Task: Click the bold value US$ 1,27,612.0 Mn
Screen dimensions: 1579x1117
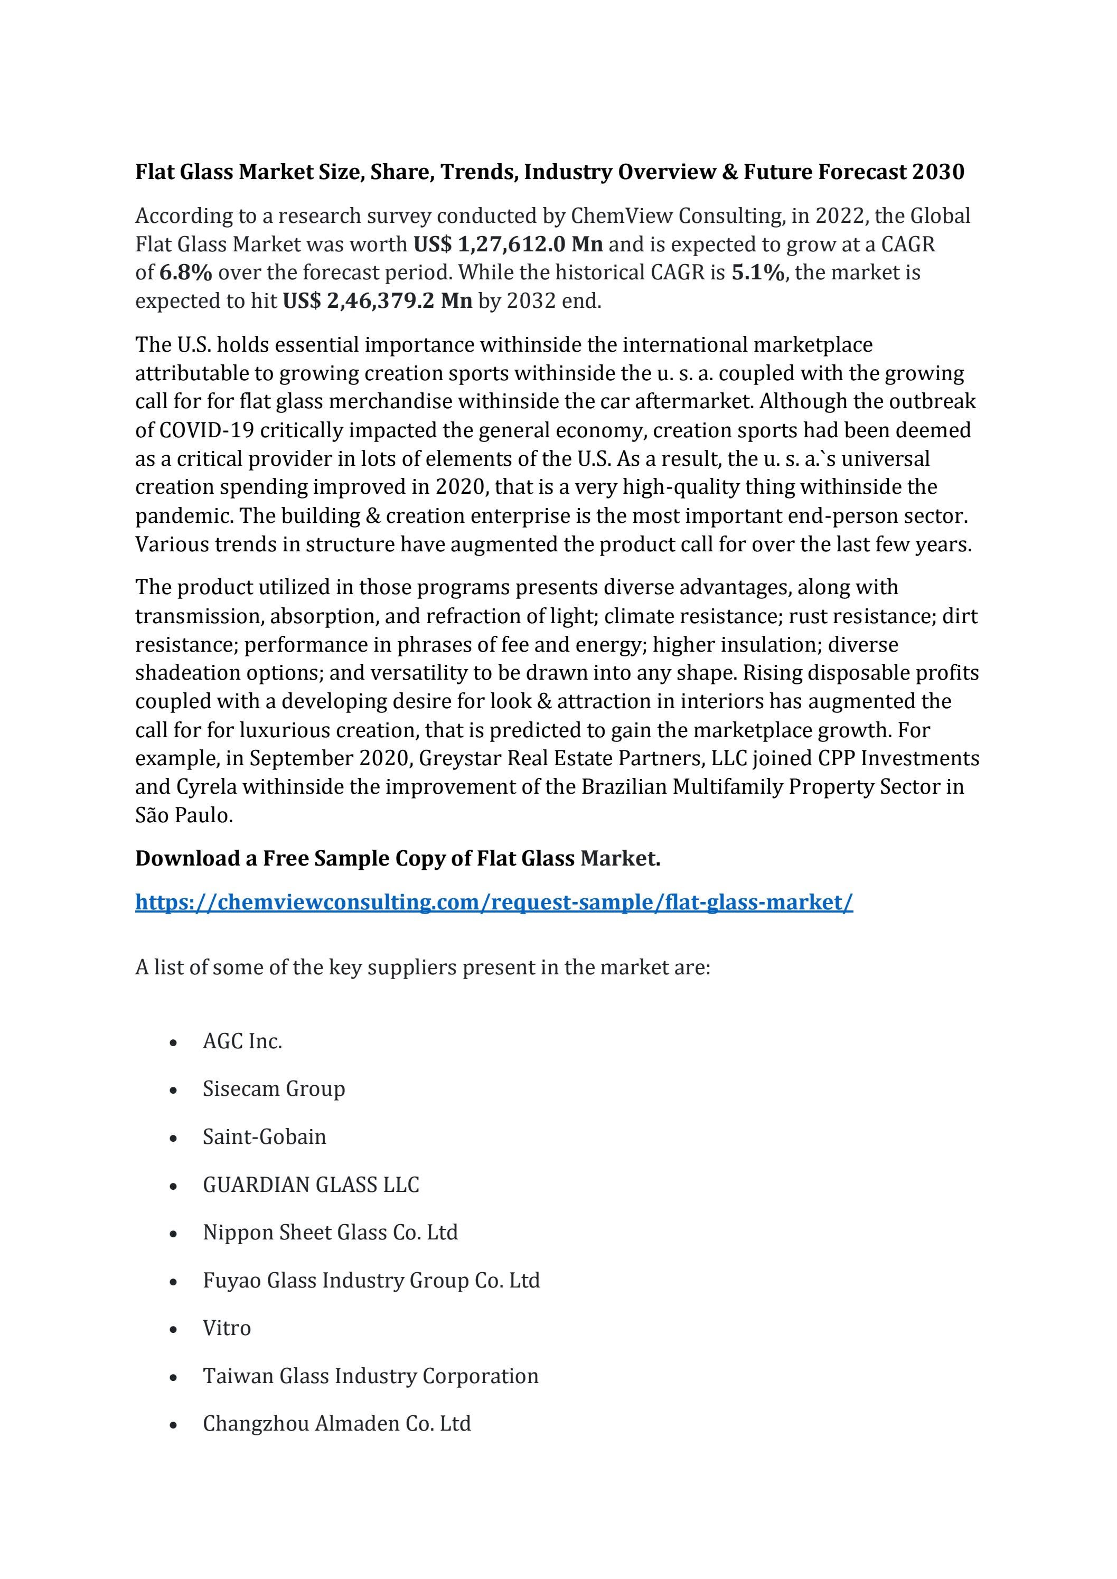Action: [508, 244]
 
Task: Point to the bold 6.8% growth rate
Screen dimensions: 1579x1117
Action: [186, 273]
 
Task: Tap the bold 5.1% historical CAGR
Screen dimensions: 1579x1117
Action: [757, 273]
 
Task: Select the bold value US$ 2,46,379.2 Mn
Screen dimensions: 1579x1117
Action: [378, 301]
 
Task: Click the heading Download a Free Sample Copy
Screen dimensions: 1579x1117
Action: [398, 858]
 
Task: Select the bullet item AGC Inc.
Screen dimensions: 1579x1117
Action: [242, 1041]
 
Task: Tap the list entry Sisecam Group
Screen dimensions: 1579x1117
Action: [274, 1088]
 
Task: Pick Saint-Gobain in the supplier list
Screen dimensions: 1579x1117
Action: [264, 1137]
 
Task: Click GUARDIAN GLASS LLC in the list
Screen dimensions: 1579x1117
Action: [311, 1184]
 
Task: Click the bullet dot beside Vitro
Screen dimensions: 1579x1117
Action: [173, 1329]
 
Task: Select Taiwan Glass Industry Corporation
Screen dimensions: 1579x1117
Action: [370, 1376]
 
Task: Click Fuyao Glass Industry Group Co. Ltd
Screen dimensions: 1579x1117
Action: [371, 1280]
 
